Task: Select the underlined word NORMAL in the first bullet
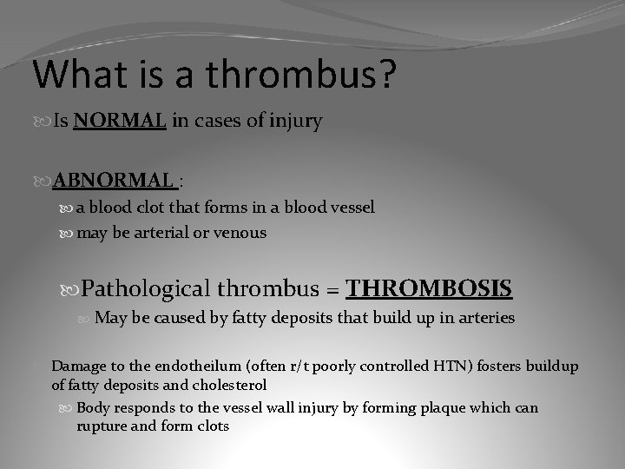click(x=120, y=122)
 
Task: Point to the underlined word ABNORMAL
click(x=113, y=180)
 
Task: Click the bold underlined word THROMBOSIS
click(x=429, y=287)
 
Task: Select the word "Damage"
click(x=76, y=367)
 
